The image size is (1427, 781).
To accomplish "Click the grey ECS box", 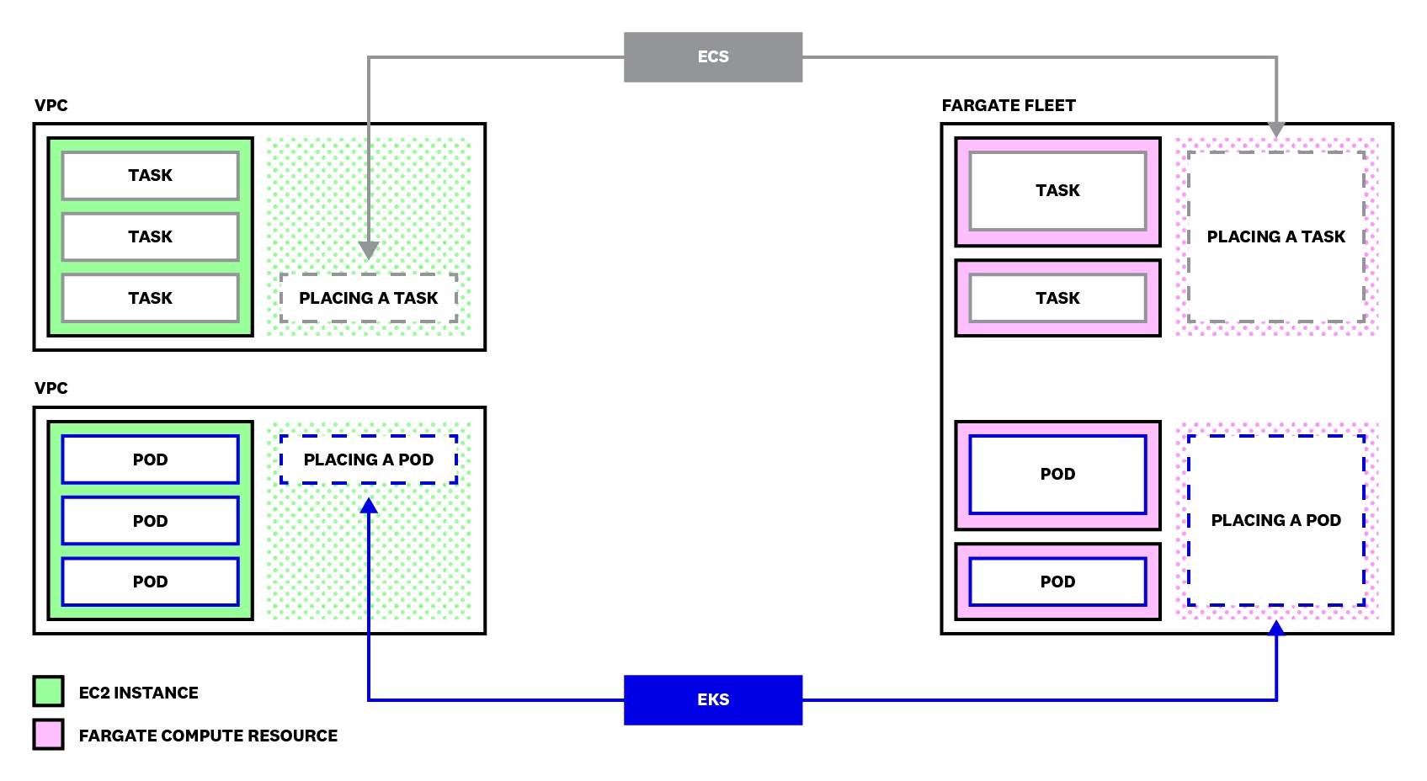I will point(712,56).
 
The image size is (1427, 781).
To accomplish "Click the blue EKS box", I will point(712,699).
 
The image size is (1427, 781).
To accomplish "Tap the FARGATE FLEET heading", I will point(1008,105).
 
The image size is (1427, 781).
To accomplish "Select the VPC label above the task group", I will point(51,105).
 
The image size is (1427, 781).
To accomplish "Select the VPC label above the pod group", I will point(51,388).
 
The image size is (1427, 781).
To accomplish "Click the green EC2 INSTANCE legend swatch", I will point(48,691).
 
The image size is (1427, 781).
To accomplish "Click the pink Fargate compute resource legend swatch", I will point(48,734).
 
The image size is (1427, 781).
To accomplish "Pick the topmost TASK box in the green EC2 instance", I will point(150,175).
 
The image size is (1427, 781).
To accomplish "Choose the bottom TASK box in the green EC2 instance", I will point(150,298).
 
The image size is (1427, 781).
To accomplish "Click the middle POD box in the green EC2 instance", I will point(150,521).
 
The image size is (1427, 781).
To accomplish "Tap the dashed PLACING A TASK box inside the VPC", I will point(368,298).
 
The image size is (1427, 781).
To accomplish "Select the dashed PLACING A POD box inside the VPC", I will point(368,460).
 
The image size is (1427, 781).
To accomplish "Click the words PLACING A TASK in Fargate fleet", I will point(1275,236).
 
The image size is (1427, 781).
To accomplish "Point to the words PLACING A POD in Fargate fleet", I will point(1275,520).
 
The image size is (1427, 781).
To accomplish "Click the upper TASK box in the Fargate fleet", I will point(1057,190).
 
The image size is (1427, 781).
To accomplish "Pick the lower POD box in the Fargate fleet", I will point(1057,582).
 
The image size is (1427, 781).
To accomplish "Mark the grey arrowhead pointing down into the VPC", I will point(368,250).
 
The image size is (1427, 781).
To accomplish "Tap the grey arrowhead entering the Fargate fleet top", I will point(1276,129).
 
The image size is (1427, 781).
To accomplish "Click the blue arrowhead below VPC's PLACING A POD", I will point(368,506).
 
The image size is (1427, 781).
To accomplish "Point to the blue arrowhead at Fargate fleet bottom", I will point(1276,628).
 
